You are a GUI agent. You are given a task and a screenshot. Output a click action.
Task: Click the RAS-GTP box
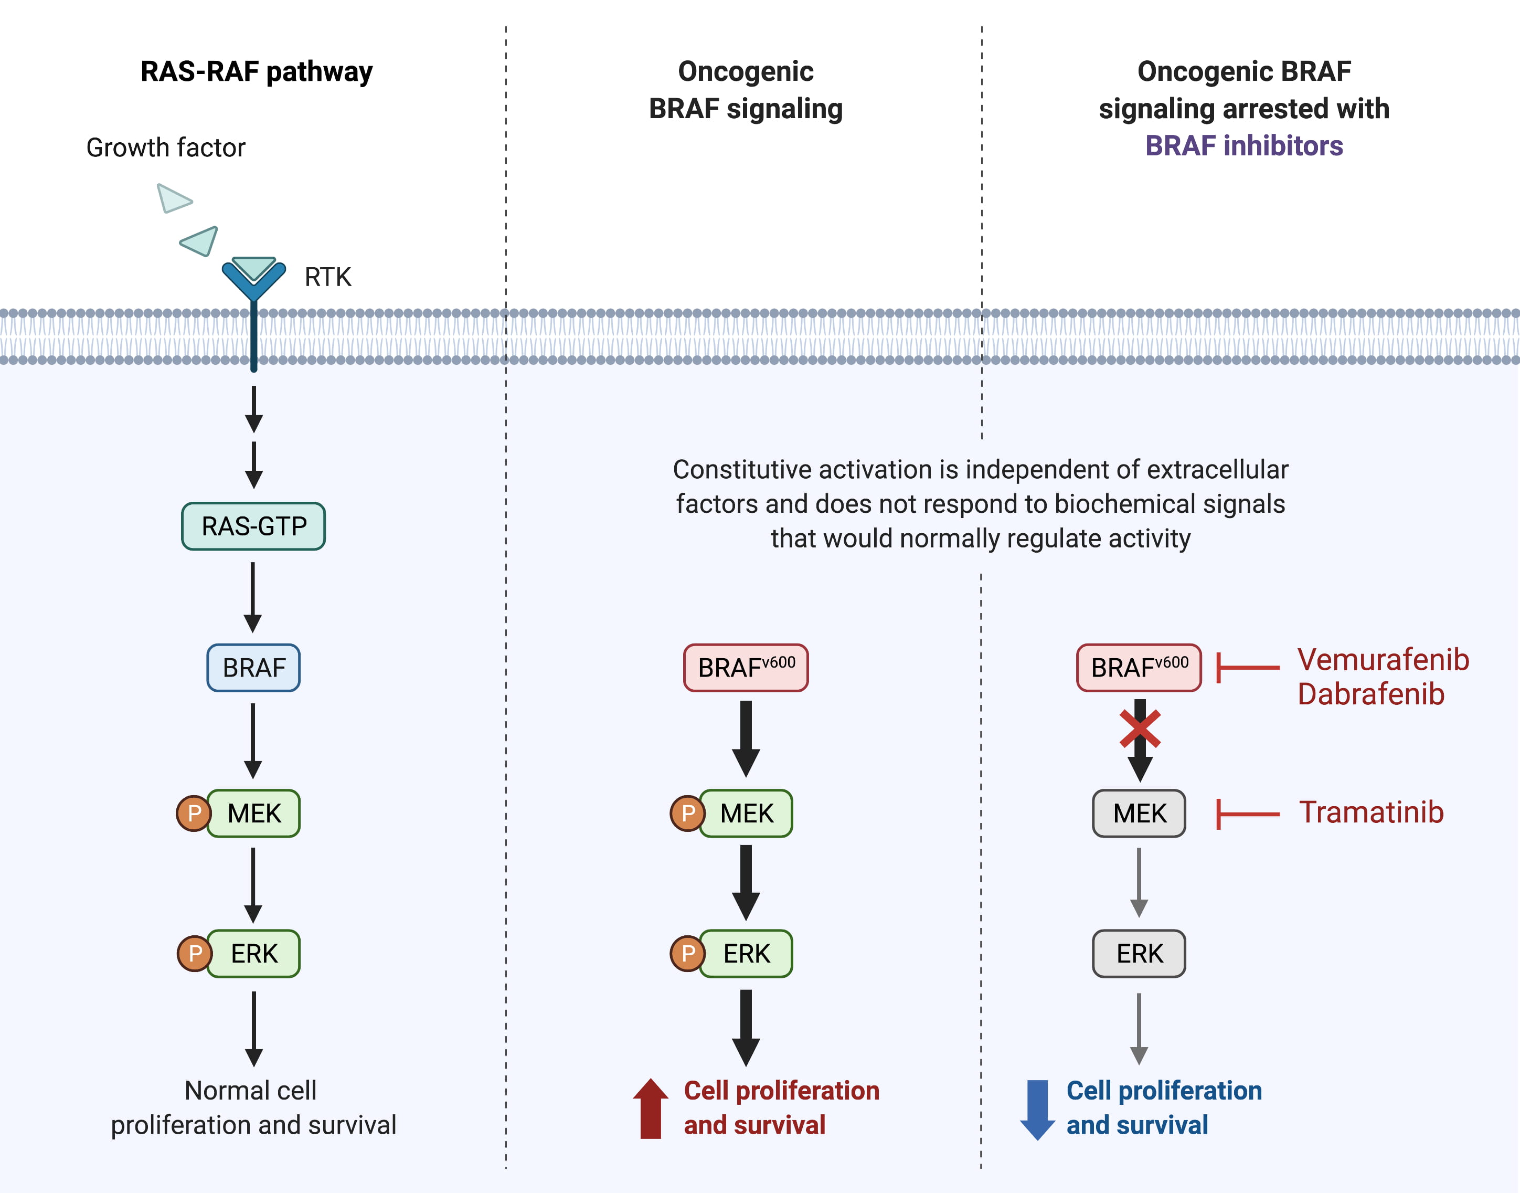pyautogui.click(x=253, y=526)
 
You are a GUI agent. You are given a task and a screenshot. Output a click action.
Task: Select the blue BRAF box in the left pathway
pyautogui.click(x=253, y=668)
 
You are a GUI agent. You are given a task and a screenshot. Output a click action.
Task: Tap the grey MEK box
pyautogui.click(x=1139, y=813)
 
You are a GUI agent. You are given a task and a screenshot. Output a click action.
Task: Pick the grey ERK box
pyautogui.click(x=1139, y=954)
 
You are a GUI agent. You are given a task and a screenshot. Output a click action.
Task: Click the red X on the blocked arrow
pyautogui.click(x=1140, y=729)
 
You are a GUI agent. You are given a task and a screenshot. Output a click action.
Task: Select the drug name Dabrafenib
pyautogui.click(x=1370, y=694)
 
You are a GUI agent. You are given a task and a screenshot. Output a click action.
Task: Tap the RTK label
pyautogui.click(x=327, y=277)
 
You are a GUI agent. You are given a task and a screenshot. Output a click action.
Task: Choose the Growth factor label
pyautogui.click(x=165, y=147)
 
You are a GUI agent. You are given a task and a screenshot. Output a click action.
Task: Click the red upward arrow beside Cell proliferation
pyautogui.click(x=651, y=1108)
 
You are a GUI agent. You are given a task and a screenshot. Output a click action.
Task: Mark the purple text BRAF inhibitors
pyautogui.click(x=1243, y=146)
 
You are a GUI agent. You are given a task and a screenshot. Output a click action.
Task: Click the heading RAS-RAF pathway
pyautogui.click(x=256, y=71)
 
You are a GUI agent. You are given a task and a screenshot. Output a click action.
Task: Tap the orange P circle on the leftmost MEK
pyautogui.click(x=194, y=813)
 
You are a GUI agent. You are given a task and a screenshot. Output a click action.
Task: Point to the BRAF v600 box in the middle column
pyautogui.click(x=746, y=668)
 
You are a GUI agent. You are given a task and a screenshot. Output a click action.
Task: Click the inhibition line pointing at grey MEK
pyautogui.click(x=1248, y=814)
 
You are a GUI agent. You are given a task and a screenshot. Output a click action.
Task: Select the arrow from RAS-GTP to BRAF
pyautogui.click(x=253, y=597)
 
